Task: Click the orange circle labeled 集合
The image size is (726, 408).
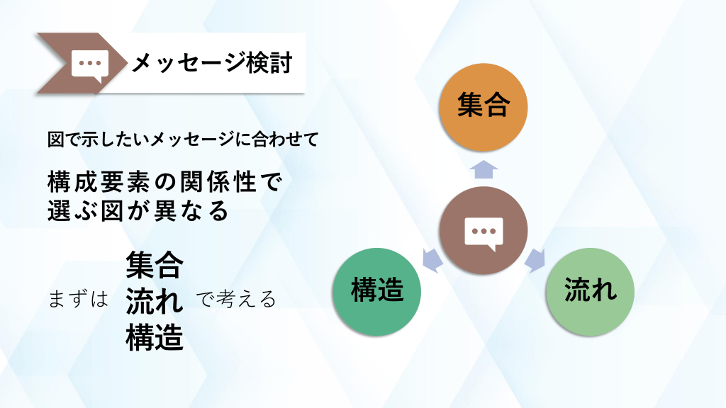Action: tap(484, 108)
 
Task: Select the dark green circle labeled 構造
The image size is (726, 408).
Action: tap(376, 292)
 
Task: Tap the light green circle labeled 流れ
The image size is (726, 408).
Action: tap(591, 292)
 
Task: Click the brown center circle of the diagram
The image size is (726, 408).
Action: tap(484, 230)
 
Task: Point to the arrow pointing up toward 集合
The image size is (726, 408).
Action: tap(484, 169)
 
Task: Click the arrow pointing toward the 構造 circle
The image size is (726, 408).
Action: tap(432, 261)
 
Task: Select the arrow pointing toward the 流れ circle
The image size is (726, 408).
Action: tap(535, 261)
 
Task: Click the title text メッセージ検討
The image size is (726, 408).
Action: tap(212, 63)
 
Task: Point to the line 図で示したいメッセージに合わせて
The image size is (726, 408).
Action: tap(183, 140)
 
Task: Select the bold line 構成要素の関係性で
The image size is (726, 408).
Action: tap(164, 182)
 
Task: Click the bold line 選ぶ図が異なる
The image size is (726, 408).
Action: tap(138, 210)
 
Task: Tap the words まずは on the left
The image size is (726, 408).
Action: tap(78, 300)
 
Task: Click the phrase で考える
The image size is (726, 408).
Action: tap(236, 300)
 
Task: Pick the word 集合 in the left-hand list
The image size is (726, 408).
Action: tap(155, 265)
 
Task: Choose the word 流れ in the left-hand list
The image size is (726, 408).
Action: tap(155, 300)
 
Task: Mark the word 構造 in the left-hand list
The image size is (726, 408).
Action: tap(155, 337)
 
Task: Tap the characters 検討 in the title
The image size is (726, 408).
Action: tap(269, 63)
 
